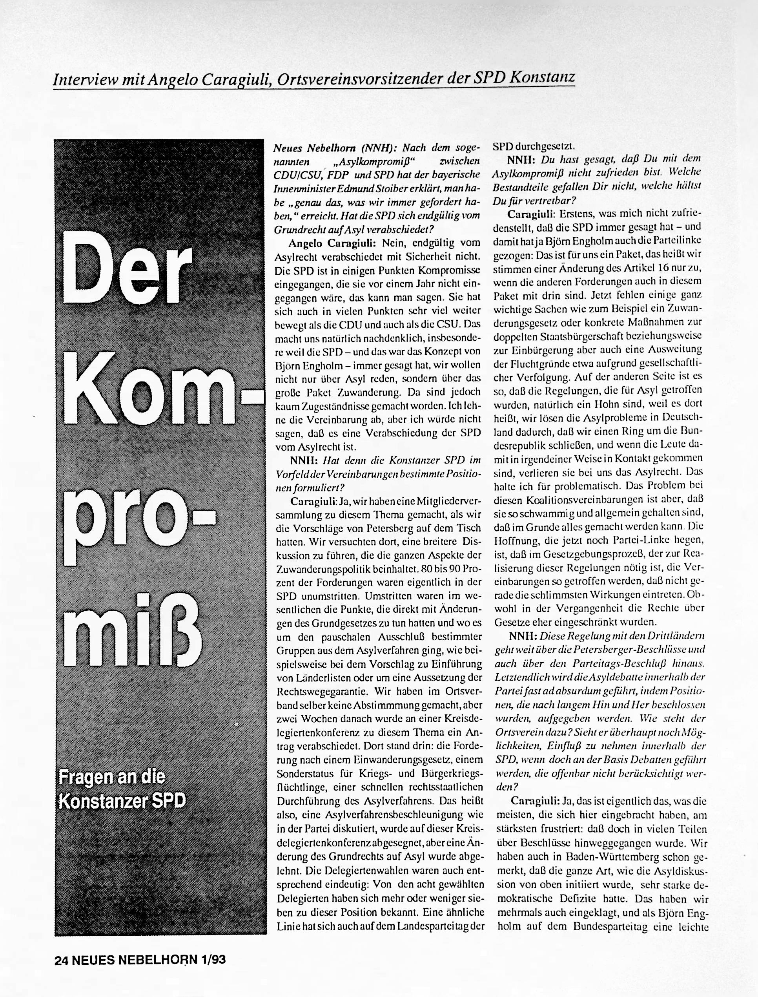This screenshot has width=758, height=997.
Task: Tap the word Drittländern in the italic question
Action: tap(677, 636)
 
